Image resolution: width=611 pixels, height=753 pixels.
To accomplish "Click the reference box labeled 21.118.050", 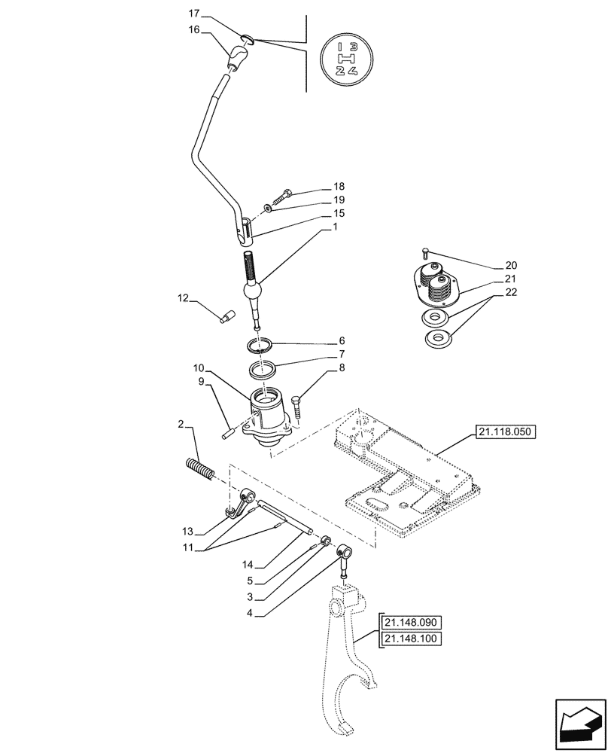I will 503,431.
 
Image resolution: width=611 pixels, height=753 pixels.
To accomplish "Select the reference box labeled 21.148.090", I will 412,623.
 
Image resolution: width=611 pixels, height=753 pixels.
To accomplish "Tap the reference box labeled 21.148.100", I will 412,639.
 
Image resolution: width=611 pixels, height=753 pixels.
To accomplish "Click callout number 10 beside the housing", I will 198,368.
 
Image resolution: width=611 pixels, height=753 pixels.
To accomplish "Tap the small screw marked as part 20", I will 427,252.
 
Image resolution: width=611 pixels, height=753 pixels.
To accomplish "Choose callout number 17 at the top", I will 193,14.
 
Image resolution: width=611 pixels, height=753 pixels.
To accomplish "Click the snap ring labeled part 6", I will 260,346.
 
